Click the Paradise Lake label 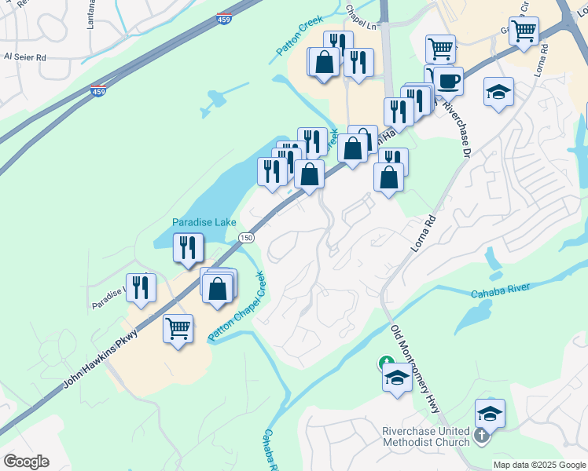[204, 222]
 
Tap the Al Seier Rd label [25, 57]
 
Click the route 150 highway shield [247, 237]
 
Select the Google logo [26, 462]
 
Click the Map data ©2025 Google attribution [538, 465]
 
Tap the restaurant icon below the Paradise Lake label [188, 247]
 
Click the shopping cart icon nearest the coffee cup [440, 49]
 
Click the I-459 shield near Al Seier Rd [99, 91]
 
